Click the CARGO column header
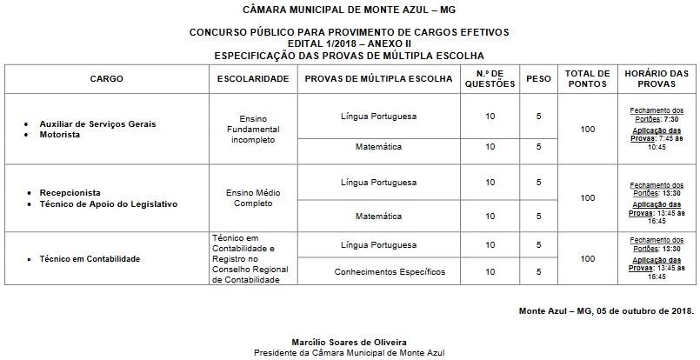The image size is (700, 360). pyautogui.click(x=106, y=78)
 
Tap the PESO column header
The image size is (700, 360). pyautogui.click(x=538, y=78)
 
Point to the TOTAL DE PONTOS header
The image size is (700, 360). pyautogui.click(x=587, y=78)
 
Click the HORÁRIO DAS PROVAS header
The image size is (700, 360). pyautogui.click(x=657, y=78)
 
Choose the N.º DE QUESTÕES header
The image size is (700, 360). pyautogui.click(x=491, y=78)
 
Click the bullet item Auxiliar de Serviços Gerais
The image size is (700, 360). pyautogui.click(x=97, y=123)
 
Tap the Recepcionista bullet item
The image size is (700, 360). pyautogui.click(x=70, y=191)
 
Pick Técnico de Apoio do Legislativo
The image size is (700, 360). pyautogui.click(x=108, y=203)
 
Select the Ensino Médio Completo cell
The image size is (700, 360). pyautogui.click(x=252, y=197)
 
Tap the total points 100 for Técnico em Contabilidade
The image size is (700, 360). pyautogui.click(x=587, y=259)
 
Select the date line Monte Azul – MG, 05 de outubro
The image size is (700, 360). pyautogui.click(x=606, y=310)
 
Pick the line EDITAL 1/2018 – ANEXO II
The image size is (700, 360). pyautogui.click(x=349, y=43)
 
